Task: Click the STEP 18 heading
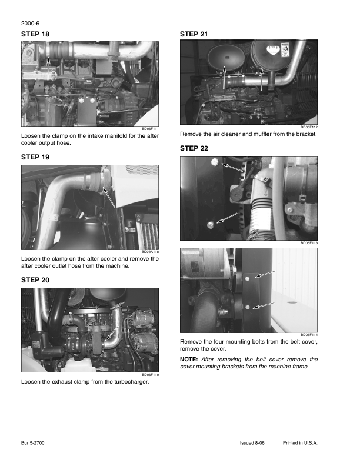tap(35, 35)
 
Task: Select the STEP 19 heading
tap(35, 158)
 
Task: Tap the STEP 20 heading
tap(35, 280)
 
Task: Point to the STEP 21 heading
tap(194, 35)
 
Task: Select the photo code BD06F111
tap(151, 128)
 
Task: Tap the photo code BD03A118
tap(151, 251)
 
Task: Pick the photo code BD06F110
tap(151, 374)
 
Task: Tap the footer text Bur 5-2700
tap(34, 442)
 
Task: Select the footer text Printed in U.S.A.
tap(300, 442)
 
